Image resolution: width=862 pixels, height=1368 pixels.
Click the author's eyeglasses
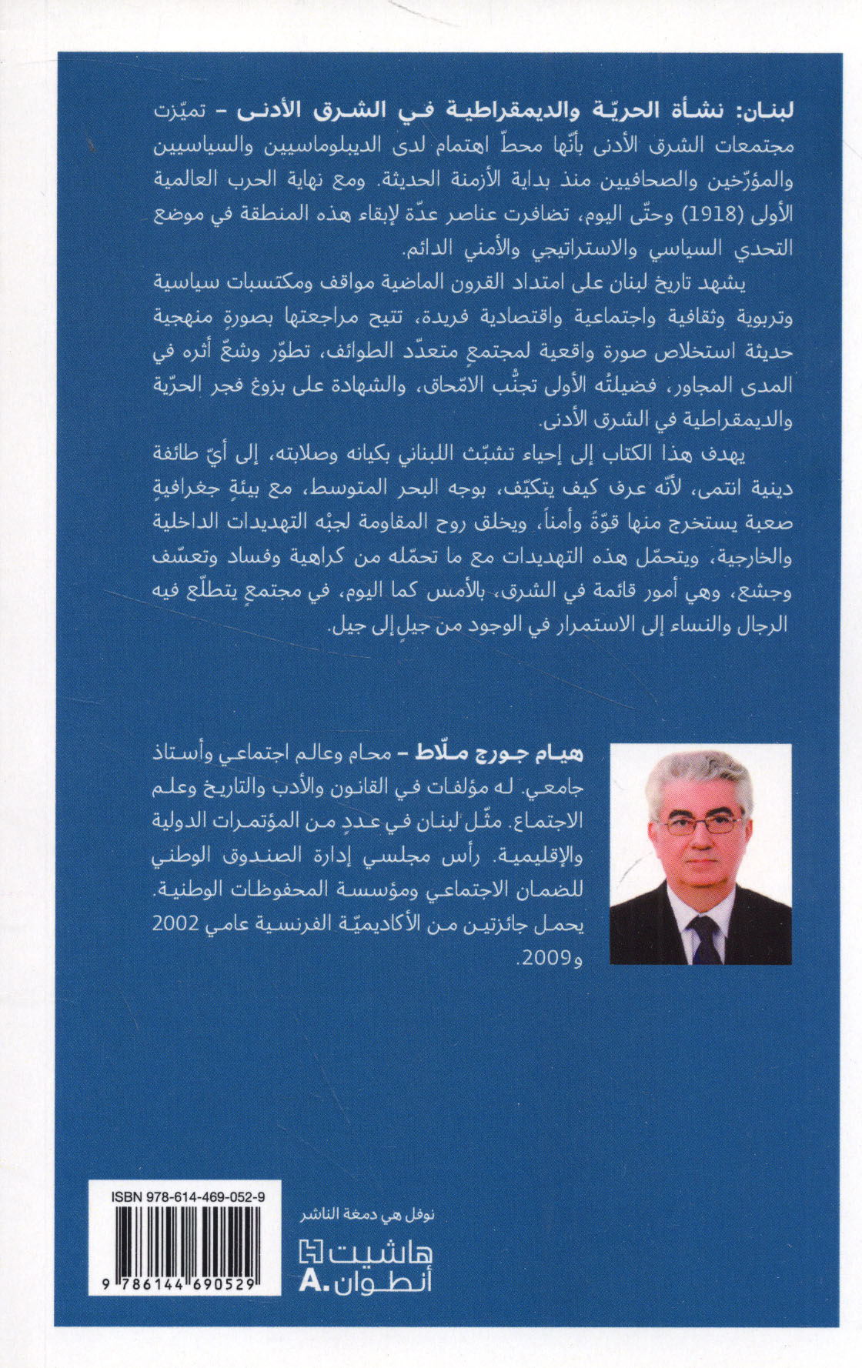700,828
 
